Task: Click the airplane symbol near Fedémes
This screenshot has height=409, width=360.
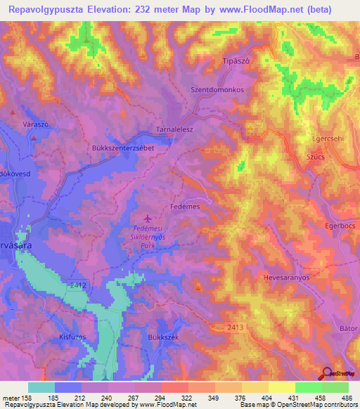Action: (147, 218)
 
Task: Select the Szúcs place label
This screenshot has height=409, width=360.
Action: (315, 157)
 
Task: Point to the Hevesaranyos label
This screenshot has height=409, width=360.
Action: (286, 278)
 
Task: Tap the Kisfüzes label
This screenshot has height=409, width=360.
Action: (72, 337)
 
